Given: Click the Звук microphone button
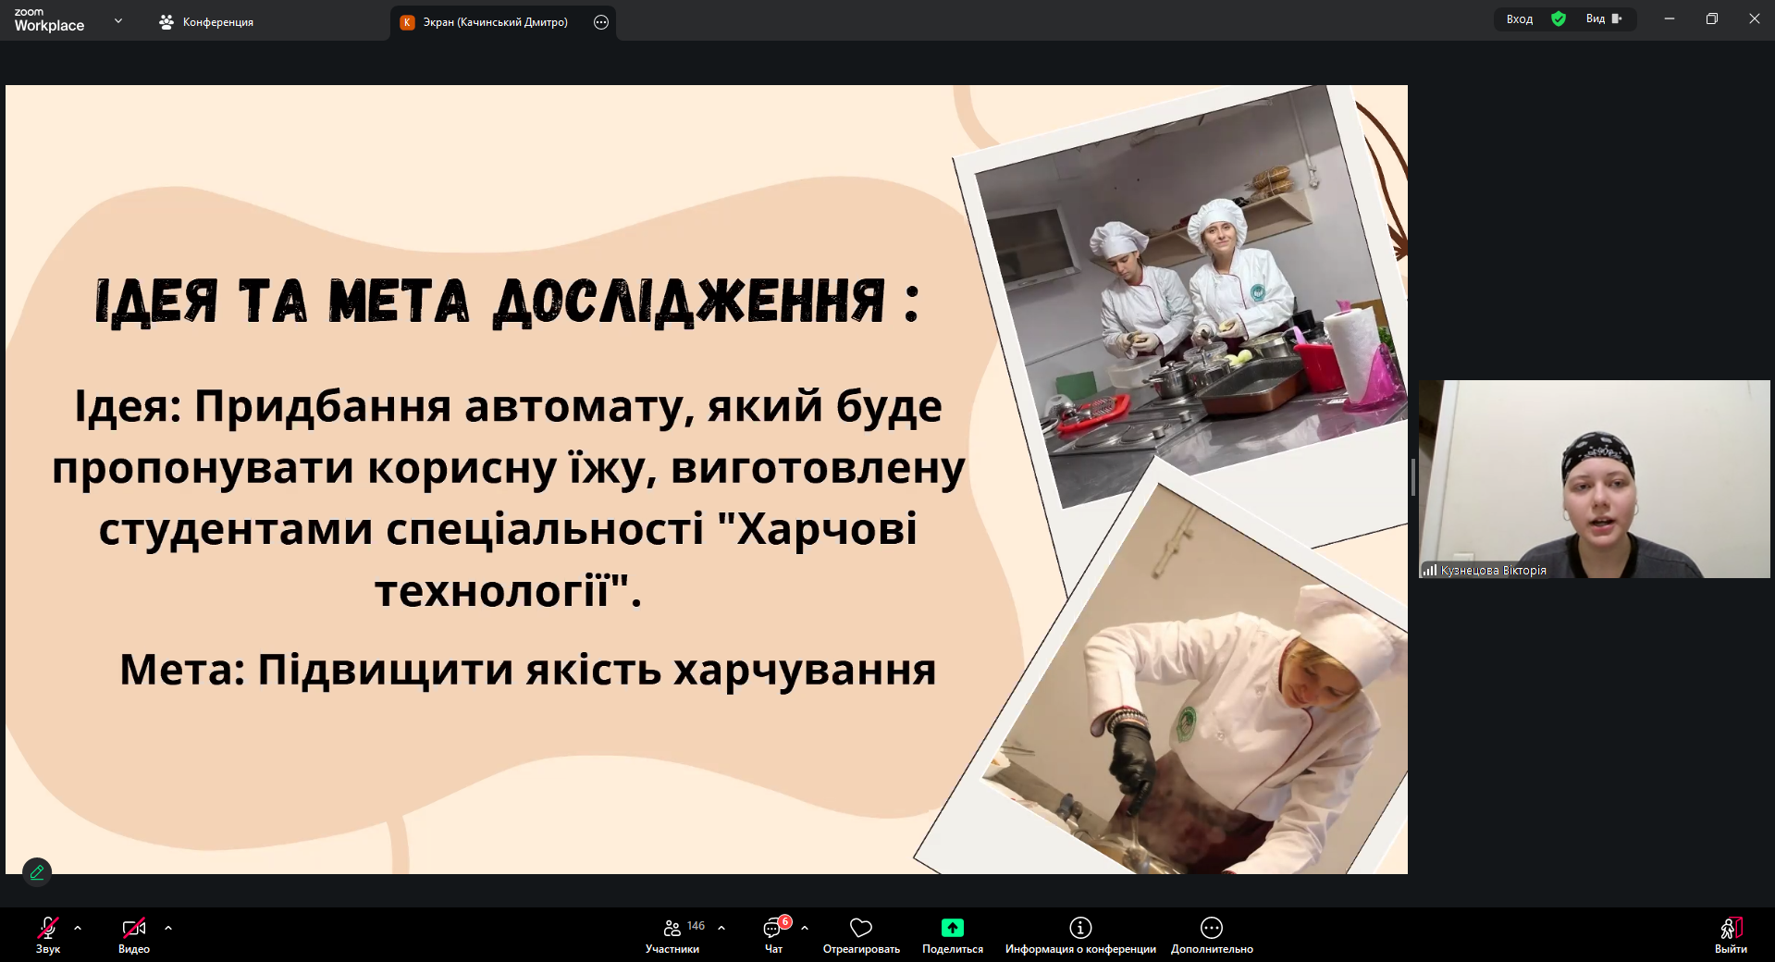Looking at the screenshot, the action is tap(48, 928).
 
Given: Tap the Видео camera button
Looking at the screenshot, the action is tap(134, 928).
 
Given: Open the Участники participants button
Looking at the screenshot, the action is tap(672, 928).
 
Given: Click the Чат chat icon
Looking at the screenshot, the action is tap(772, 928).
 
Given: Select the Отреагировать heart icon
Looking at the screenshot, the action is tap(861, 928).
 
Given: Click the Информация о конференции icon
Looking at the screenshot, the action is tap(1080, 927).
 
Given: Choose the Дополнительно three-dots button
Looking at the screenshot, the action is tap(1212, 927).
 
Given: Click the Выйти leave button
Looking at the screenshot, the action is tap(1731, 928).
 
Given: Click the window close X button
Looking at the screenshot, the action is tap(1754, 18).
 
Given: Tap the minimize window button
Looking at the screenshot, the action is tap(1670, 18).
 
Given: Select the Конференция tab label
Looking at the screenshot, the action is tap(218, 22).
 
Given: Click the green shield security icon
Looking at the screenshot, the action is tap(1559, 18).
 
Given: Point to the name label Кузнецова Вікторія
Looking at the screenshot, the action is tap(1493, 571).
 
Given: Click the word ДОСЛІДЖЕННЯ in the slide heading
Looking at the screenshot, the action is tap(690, 302).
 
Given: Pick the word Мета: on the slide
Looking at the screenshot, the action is tap(182, 670).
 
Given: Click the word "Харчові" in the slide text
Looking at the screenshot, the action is tap(818, 529).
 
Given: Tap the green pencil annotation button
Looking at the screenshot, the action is tap(37, 871).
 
